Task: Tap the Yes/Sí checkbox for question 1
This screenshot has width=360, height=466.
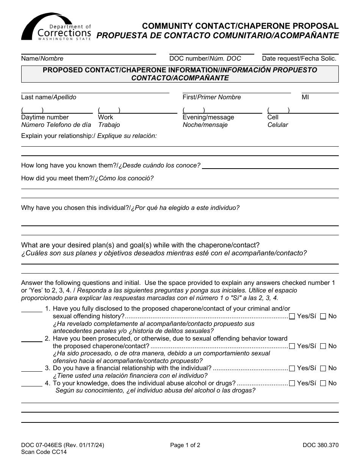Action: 292,316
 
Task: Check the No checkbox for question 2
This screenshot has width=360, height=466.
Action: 323,346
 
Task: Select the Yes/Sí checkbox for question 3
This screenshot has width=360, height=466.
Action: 292,368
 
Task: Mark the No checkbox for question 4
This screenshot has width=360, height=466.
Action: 323,383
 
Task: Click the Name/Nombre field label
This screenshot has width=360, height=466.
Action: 42,59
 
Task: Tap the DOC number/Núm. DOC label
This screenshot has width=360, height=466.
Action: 205,59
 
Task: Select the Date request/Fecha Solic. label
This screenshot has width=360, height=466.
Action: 299,59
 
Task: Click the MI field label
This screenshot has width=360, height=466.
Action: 305,97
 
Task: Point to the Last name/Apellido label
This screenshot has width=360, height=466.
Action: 49,97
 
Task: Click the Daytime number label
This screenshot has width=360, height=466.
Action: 45,117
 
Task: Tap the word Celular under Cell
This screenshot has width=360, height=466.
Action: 277,125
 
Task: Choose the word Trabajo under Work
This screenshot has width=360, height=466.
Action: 109,125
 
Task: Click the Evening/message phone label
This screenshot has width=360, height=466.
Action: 208,117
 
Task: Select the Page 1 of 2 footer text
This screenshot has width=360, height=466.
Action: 185,446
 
